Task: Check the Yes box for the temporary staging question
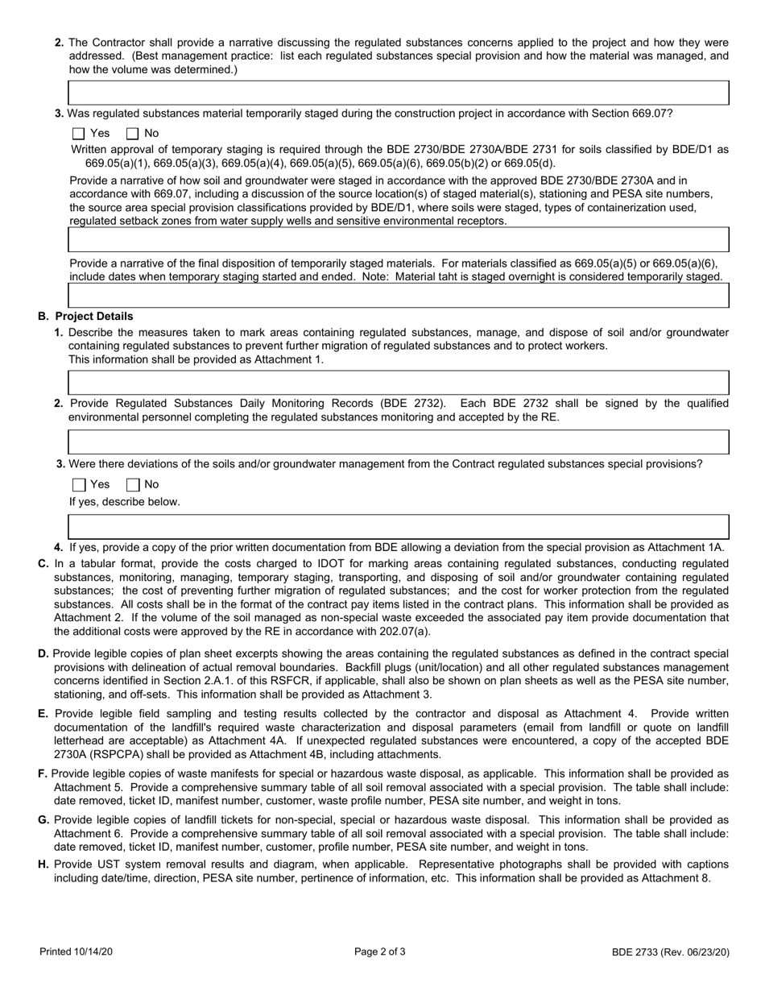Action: (x=78, y=134)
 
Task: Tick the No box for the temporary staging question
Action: (x=133, y=134)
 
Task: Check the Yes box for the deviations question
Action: (x=78, y=485)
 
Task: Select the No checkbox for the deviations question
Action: (x=133, y=485)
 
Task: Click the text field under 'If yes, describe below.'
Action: (x=399, y=527)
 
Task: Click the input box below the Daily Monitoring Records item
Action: (x=399, y=442)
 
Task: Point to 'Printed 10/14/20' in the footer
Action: (x=76, y=952)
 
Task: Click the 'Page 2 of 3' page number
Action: (x=380, y=952)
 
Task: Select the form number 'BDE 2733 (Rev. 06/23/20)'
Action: (x=670, y=952)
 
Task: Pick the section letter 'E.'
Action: (x=43, y=713)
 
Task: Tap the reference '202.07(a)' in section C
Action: (x=406, y=631)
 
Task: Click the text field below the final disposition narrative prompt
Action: (x=399, y=296)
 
